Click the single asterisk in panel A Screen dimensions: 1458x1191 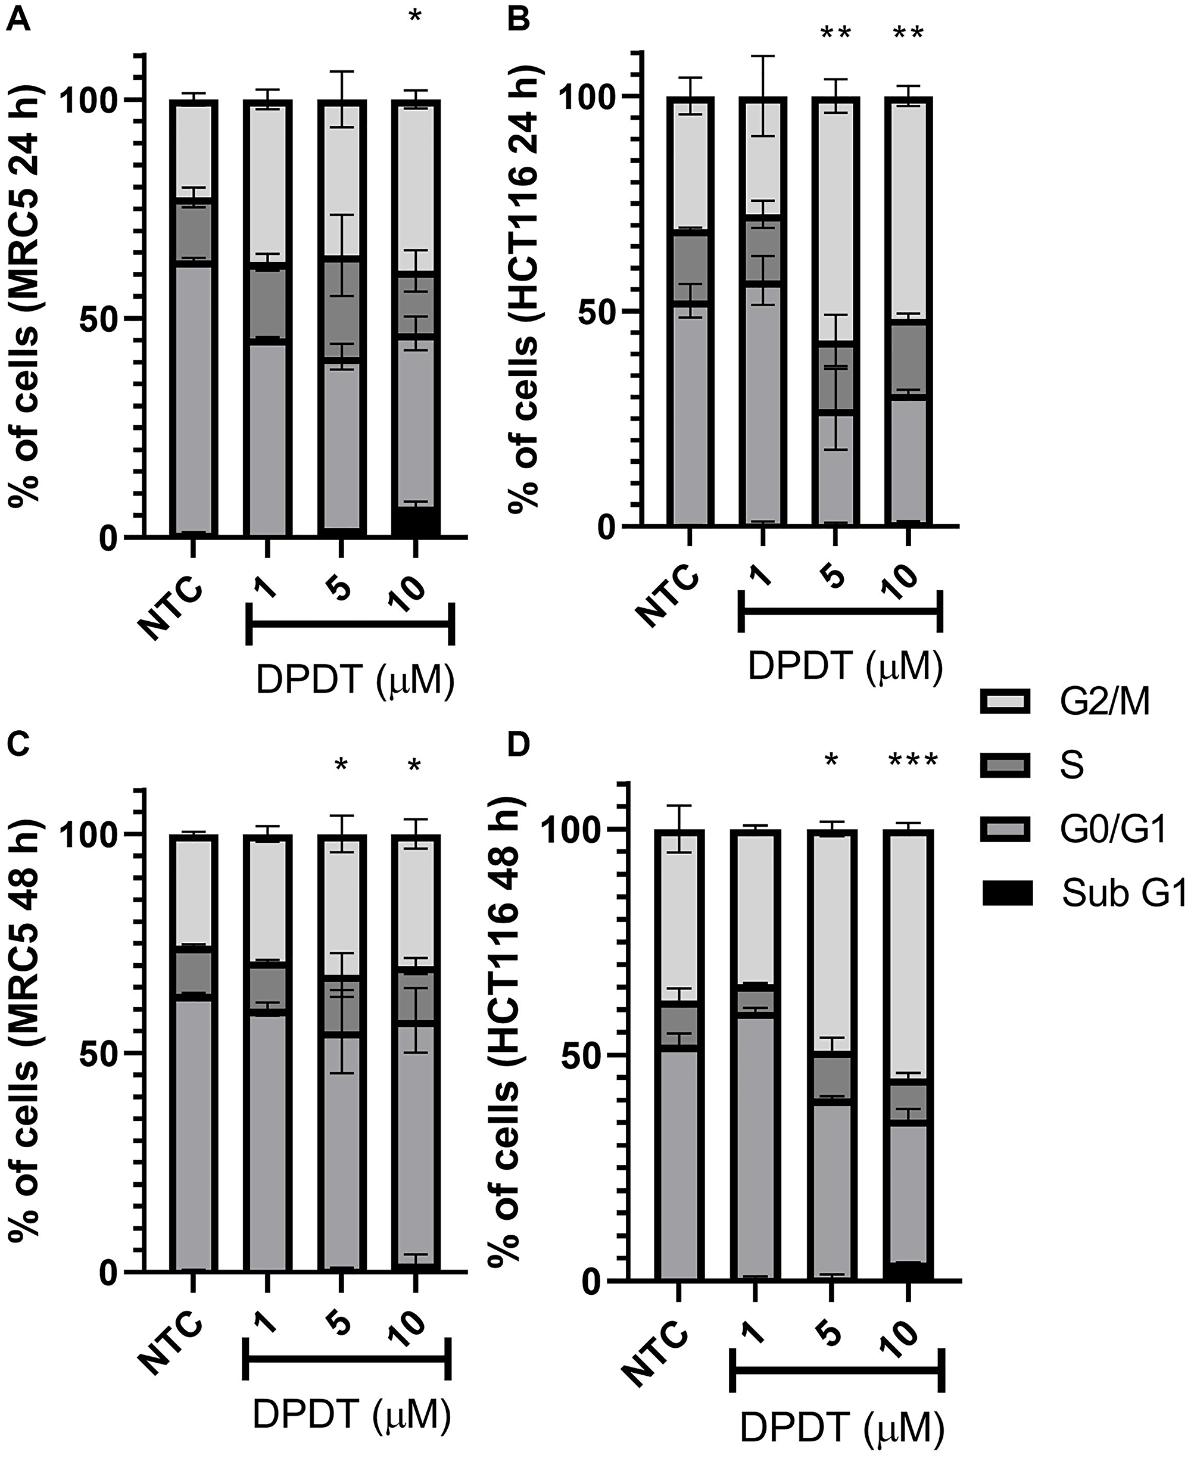pos(415,17)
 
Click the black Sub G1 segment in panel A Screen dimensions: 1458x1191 pos(416,522)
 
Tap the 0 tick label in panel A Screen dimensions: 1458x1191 pos(108,538)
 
